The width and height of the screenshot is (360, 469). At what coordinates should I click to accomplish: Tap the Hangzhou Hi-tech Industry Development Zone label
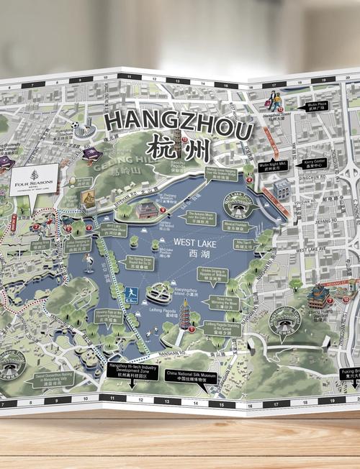coord(132,371)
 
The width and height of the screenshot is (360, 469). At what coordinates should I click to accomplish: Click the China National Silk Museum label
coord(191,377)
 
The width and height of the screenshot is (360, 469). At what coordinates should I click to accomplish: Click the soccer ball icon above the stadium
coord(76,124)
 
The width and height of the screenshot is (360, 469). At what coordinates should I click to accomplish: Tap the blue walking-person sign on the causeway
coord(131,293)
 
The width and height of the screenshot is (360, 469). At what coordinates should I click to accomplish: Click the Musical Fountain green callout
coord(243,224)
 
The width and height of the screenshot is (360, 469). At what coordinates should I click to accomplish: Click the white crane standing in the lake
coord(88,260)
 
